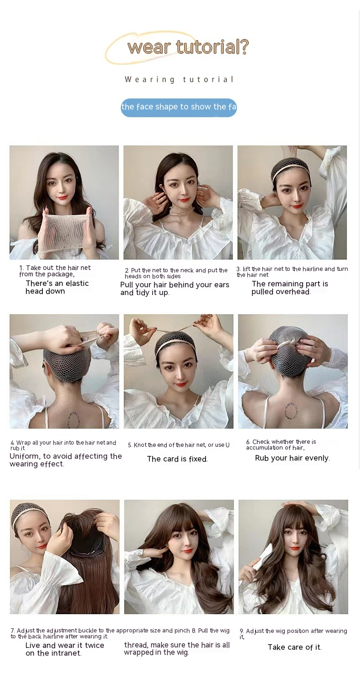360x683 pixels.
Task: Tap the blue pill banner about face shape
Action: pyautogui.click(x=179, y=107)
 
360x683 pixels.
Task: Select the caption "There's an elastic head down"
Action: pyautogui.click(x=57, y=287)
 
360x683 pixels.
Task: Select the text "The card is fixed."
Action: pyautogui.click(x=177, y=459)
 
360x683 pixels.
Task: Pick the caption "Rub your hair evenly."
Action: pyautogui.click(x=292, y=458)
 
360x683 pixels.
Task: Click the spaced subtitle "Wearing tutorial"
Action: pyautogui.click(x=179, y=80)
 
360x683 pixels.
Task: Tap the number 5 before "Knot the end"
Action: pyautogui.click(x=129, y=445)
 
